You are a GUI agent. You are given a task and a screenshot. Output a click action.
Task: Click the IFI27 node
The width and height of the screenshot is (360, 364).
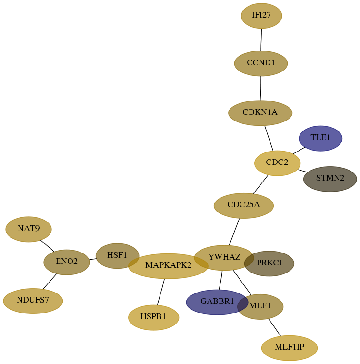[261, 16]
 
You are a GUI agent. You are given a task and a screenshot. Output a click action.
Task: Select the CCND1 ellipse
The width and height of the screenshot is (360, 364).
[261, 63]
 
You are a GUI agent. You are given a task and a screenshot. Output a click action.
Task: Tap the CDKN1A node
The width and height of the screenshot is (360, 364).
[260, 113]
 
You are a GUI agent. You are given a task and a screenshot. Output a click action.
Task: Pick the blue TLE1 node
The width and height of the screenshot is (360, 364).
[320, 138]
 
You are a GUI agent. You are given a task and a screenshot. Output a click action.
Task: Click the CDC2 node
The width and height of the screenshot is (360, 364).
[278, 163]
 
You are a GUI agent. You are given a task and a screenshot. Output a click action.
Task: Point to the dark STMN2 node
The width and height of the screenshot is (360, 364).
[330, 179]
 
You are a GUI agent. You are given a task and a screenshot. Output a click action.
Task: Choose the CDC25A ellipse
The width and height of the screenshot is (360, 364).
[244, 206]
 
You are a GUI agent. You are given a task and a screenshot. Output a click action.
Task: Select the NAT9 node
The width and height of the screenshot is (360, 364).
[29, 229]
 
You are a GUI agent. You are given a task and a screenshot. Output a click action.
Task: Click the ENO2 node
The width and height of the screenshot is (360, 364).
[67, 263]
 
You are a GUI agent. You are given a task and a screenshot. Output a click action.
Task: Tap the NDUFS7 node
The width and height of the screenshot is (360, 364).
[33, 301]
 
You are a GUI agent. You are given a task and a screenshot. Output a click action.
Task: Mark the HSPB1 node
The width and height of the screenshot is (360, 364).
[153, 318]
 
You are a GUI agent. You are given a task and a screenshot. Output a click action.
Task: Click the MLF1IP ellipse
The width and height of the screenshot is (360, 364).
[290, 348]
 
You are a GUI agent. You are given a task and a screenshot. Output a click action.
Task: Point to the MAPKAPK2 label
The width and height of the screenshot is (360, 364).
[169, 265]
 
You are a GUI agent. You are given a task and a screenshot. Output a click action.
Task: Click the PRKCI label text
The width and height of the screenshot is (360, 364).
[269, 263]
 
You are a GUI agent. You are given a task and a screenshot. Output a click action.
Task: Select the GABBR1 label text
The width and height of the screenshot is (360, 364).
[217, 301]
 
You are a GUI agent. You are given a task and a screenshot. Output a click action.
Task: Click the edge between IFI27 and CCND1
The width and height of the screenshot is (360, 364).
[261, 40]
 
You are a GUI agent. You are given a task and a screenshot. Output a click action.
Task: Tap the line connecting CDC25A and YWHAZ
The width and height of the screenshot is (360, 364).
[234, 232]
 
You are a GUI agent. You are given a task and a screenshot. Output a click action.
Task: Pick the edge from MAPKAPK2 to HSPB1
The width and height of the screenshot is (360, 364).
[161, 292]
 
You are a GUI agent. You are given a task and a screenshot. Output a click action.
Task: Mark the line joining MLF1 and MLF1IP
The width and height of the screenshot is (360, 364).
[275, 327]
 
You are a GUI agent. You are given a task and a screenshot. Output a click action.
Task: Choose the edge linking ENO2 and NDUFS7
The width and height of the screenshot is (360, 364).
[50, 282]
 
